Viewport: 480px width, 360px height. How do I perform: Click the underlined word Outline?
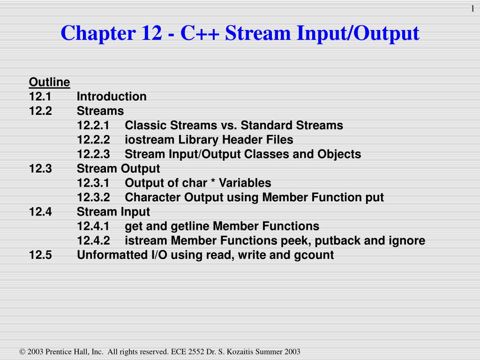coord(49,82)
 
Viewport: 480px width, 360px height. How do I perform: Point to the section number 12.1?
coord(40,97)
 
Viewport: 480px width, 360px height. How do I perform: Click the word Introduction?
coord(112,97)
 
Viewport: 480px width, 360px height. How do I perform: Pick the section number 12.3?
coord(40,169)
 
